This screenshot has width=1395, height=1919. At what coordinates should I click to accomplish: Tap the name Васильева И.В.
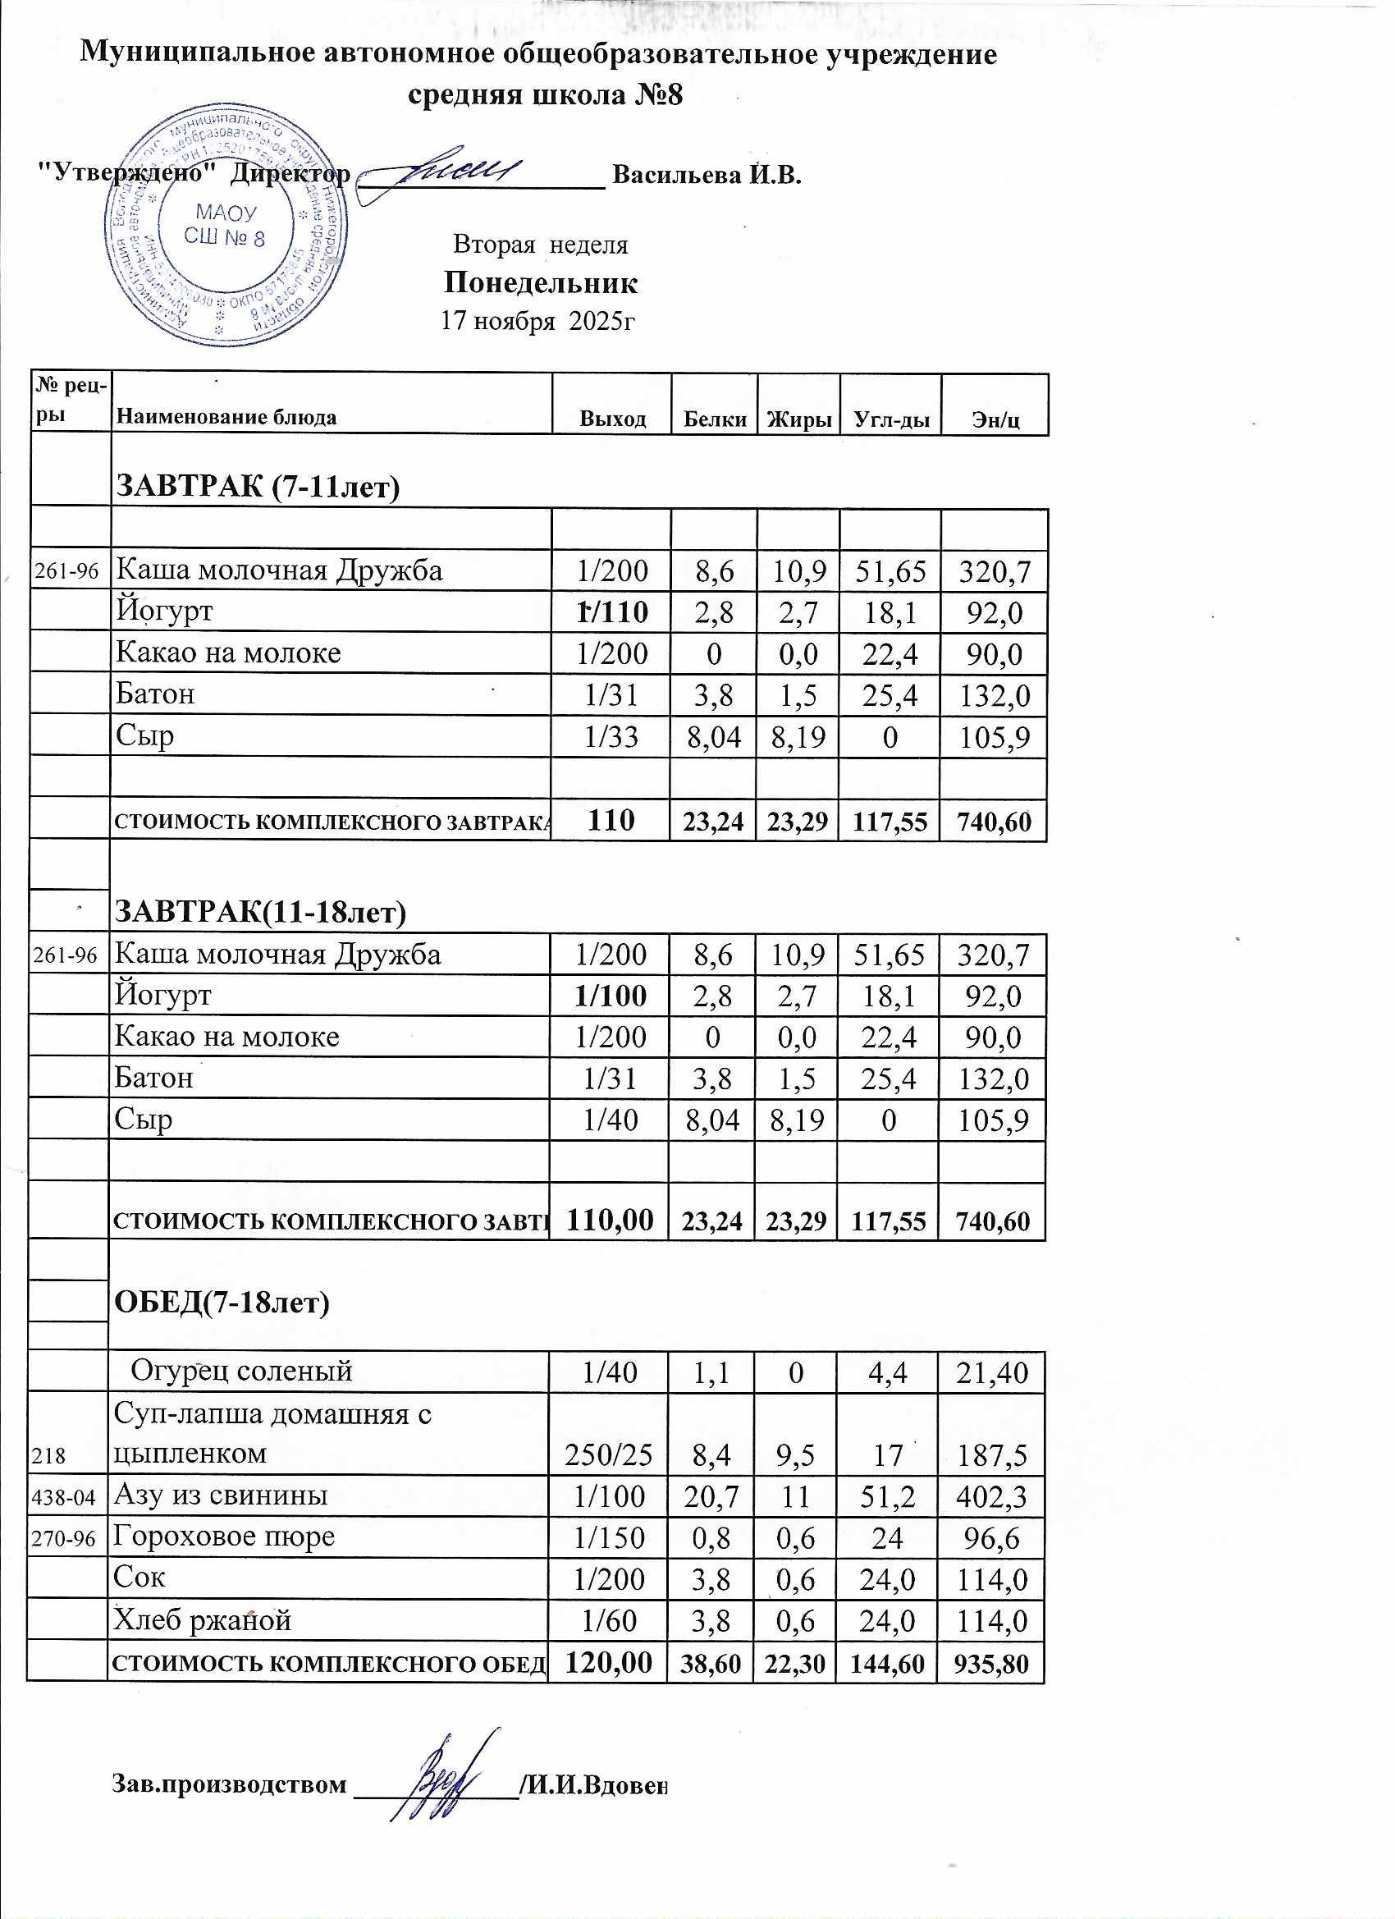[x=707, y=175]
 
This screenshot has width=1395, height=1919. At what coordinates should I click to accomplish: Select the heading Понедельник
[x=541, y=282]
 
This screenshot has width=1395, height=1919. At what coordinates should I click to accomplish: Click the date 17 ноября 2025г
[x=538, y=322]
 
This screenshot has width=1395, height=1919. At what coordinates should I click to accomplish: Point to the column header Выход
[x=612, y=418]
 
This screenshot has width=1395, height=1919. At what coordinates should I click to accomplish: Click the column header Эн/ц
[x=995, y=418]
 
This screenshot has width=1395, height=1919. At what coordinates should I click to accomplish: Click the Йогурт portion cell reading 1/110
[x=611, y=611]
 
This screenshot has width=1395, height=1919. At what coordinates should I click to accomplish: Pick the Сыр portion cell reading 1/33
[x=611, y=737]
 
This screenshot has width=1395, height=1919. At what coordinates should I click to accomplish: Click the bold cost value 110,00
[x=609, y=1219]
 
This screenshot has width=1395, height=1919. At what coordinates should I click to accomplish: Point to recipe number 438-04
[x=63, y=1498]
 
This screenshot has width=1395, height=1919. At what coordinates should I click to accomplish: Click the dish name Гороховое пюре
[x=225, y=1537]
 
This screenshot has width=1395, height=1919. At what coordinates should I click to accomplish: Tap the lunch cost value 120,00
[x=608, y=1662]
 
